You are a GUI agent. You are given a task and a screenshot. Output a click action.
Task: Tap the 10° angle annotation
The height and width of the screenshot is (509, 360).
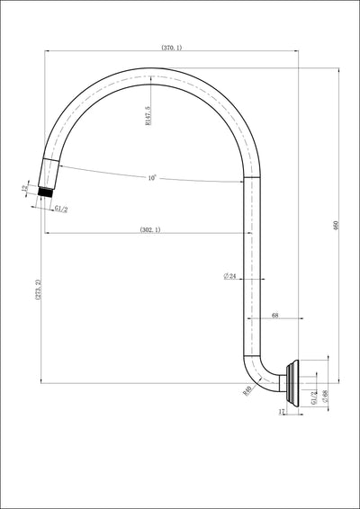coord(153,178)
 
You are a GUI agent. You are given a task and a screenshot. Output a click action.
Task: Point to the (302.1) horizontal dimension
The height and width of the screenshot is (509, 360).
coord(150,231)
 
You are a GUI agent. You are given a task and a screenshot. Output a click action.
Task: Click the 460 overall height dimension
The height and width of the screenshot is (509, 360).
coord(336,227)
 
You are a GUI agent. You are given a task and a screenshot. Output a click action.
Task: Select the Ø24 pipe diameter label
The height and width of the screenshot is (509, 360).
coord(229,277)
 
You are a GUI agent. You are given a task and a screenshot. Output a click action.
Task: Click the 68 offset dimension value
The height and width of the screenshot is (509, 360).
coord(274,316)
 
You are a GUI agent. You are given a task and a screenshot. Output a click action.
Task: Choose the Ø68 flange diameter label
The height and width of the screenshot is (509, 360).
coord(325,396)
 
